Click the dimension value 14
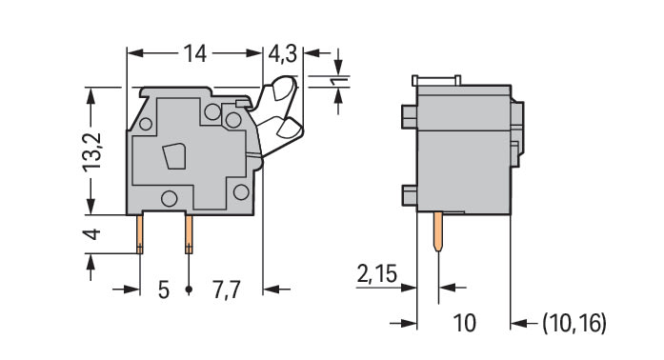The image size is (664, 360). point(194,53)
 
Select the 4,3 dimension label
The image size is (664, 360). point(283,54)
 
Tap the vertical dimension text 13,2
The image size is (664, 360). point(92,152)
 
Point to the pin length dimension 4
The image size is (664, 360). point(92,233)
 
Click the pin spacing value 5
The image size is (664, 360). point(164,290)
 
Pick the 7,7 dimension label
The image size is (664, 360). point(227,290)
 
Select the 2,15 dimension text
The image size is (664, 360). point(377,273)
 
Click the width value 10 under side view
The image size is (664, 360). point(464,323)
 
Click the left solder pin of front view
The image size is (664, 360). point(140,234)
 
